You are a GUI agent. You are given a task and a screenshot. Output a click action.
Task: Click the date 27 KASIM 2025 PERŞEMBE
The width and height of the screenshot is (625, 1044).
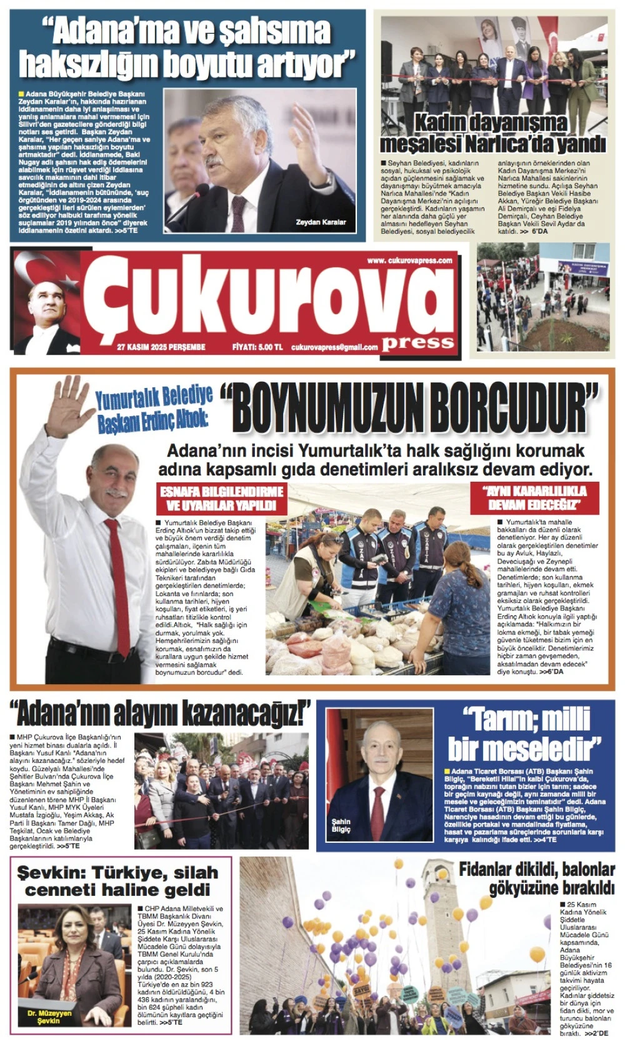click(161, 347)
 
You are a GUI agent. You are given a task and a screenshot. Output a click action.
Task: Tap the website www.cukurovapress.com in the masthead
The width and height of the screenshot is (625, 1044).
click(409, 261)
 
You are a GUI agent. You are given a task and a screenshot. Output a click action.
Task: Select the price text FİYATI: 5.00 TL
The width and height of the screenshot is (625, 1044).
click(257, 347)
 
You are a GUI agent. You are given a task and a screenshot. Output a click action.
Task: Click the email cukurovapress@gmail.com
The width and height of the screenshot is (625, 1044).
click(334, 347)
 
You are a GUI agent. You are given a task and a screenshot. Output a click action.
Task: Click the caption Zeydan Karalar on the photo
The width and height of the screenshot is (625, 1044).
click(321, 222)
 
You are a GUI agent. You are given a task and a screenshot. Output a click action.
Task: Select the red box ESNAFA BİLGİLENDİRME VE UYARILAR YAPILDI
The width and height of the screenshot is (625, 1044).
click(222, 498)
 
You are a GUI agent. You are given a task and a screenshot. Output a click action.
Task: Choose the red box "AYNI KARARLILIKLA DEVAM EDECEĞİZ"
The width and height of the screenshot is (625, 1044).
click(534, 497)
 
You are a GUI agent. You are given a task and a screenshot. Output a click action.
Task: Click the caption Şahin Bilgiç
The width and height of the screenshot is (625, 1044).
click(341, 825)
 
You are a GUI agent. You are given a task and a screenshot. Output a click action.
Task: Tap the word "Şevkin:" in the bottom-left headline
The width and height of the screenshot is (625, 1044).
click(53, 873)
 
